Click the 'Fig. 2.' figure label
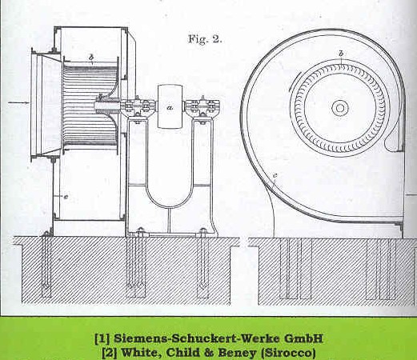tap(205, 39)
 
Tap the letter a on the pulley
tap(170, 107)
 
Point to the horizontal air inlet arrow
tap(18, 102)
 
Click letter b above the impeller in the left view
tap(91, 57)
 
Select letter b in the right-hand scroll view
tap(341, 54)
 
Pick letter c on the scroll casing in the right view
tap(275, 175)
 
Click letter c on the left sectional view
tap(66, 197)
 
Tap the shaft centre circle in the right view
tap(340, 108)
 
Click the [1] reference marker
tap(102, 338)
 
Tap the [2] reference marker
tap(110, 353)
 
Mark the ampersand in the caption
tap(209, 353)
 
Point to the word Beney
tap(237, 353)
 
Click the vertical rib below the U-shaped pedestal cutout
tap(169, 220)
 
